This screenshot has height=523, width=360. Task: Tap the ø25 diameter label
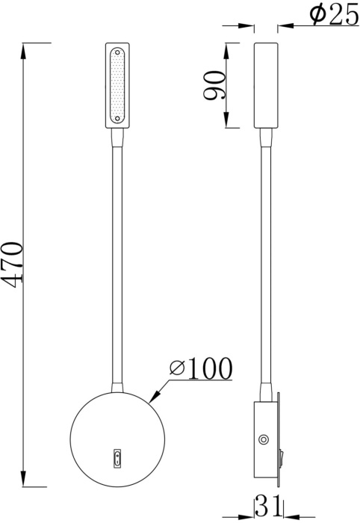[x=332, y=15]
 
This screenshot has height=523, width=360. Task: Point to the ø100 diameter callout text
[x=200, y=368]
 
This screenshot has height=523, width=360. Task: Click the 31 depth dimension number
[x=267, y=507]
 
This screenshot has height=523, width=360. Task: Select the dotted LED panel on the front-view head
[x=117, y=87]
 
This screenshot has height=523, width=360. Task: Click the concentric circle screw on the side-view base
[x=263, y=440]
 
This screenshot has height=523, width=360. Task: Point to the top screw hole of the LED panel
[x=117, y=54]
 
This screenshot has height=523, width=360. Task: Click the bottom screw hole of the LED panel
[x=117, y=120]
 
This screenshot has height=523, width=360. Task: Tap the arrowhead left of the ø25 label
[x=248, y=27]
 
